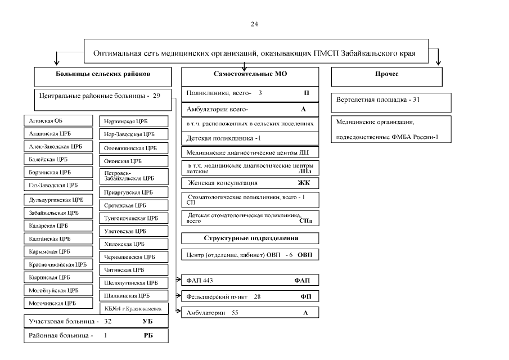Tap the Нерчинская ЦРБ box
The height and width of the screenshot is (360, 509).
(x=133, y=121)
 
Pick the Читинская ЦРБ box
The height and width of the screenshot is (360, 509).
(x=133, y=269)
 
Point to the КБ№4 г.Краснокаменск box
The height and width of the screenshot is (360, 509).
(x=133, y=308)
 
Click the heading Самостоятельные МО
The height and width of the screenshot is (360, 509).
(x=250, y=74)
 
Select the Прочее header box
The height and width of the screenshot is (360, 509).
(x=391, y=74)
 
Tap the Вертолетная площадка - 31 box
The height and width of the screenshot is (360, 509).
(x=391, y=101)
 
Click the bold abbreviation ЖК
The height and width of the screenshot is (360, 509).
(x=304, y=183)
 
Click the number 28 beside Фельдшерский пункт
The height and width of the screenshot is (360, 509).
(x=257, y=296)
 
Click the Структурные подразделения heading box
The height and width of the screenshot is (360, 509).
(x=250, y=238)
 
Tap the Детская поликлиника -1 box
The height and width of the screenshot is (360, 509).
(x=250, y=138)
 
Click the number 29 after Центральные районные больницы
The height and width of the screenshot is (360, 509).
(x=156, y=96)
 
